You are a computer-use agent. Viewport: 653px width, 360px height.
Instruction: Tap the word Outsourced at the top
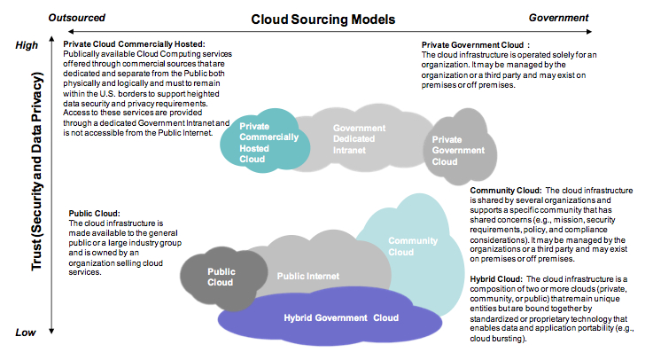[x=77, y=17]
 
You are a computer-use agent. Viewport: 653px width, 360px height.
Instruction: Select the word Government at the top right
[x=558, y=17]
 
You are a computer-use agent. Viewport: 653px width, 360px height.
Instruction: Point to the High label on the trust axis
[x=27, y=45]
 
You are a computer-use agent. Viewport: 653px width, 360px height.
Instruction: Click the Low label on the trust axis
[x=27, y=333]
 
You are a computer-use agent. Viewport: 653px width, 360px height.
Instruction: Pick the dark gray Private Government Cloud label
[x=459, y=150]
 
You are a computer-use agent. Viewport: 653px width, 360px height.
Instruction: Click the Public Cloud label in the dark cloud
[x=220, y=277]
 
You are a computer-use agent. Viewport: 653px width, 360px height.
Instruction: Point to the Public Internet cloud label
[x=308, y=277]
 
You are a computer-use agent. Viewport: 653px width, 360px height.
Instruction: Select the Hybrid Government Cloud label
[x=340, y=317]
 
